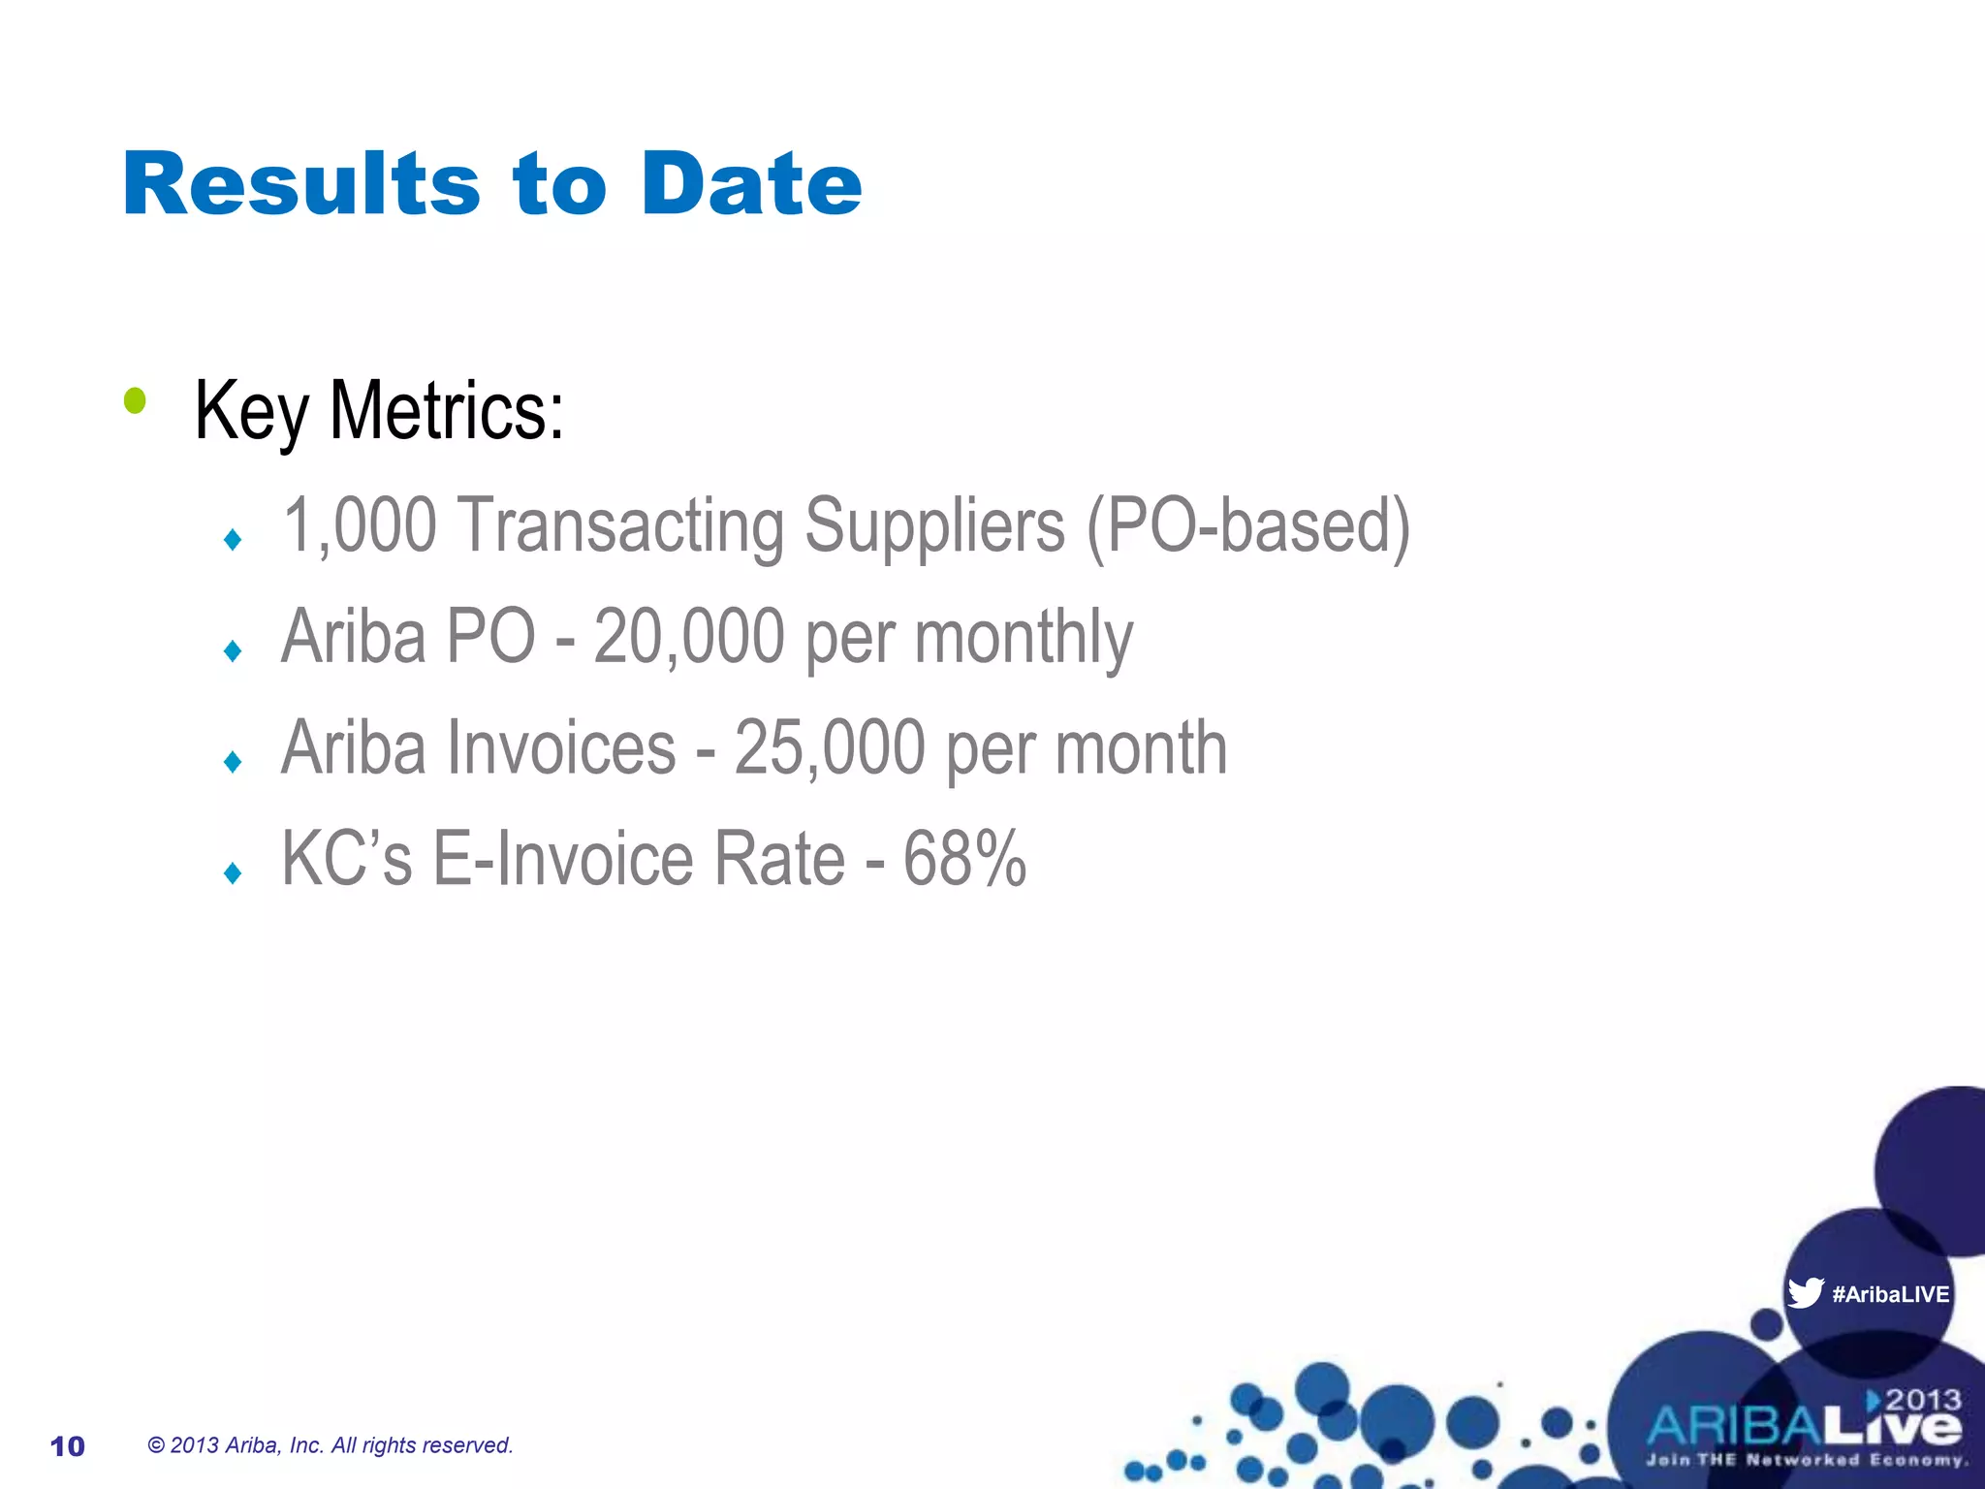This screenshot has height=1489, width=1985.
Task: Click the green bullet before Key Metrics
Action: tap(135, 400)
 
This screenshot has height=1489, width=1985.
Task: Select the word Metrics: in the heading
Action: tap(447, 411)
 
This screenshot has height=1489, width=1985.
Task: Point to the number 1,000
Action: tap(360, 525)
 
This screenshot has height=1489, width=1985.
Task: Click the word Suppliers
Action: tap(934, 527)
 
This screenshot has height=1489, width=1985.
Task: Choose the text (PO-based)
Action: tap(1248, 527)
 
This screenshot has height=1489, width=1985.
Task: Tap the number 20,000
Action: tap(688, 637)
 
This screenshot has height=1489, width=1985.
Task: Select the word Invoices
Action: tap(551, 748)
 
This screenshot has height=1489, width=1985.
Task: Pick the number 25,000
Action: tap(829, 748)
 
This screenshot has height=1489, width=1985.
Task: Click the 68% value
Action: tap(964, 859)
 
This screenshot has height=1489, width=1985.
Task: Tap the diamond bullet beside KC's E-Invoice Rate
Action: tap(233, 873)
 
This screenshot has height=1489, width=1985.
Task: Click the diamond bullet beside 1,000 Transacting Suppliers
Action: tap(233, 539)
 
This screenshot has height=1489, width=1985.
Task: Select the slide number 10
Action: tap(68, 1446)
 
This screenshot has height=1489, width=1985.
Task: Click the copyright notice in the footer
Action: tap(331, 1445)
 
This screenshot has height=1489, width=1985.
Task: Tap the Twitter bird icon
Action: tap(1805, 1293)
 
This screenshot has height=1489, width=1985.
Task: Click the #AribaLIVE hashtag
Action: tap(1890, 1294)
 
